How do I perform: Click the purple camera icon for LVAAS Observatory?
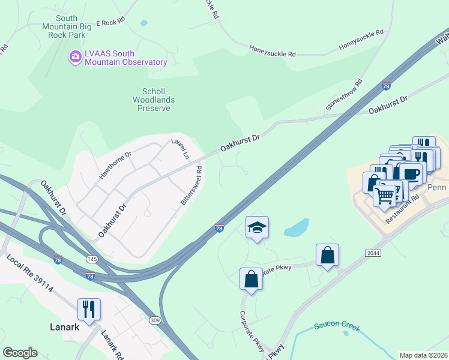pyautogui.click(x=75, y=57)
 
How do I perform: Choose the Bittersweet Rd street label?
pyautogui.click(x=192, y=186)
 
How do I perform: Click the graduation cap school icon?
pyautogui.click(x=257, y=227)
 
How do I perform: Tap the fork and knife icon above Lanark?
pyautogui.click(x=89, y=309)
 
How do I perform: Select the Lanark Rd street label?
pyautogui.click(x=112, y=344)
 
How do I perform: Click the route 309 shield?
pyautogui.click(x=155, y=321)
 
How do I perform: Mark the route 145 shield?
pyautogui.click(x=92, y=259)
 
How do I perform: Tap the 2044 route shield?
pyautogui.click(x=373, y=253)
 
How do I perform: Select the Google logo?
pyautogui.click(x=20, y=353)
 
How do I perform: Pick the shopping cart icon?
pyautogui.click(x=385, y=194)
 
